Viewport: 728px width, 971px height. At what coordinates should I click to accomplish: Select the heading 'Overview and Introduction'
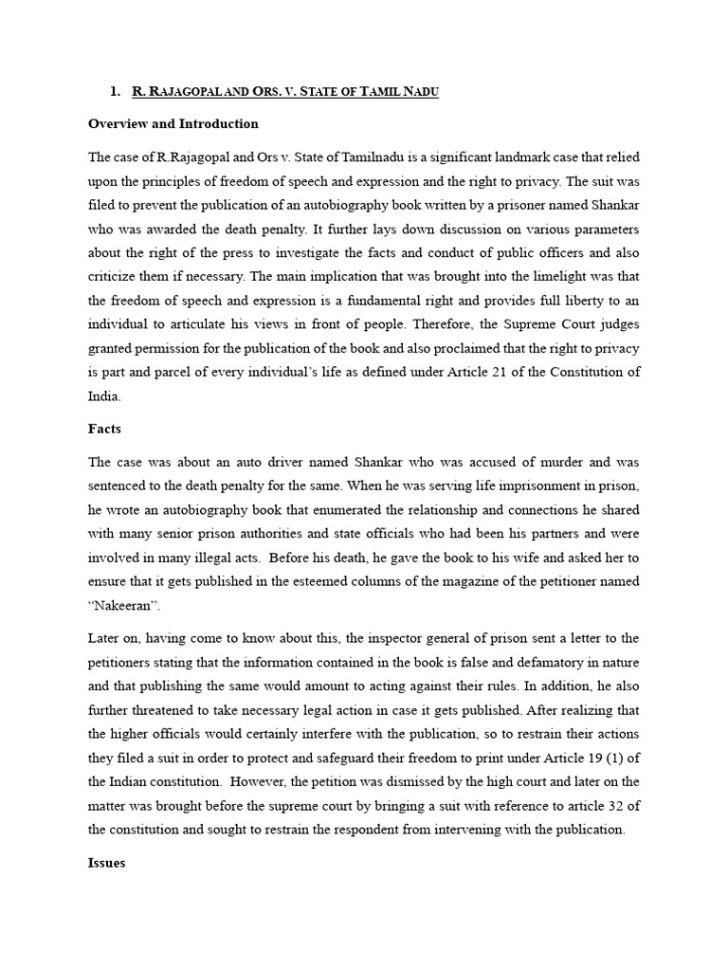point(173,123)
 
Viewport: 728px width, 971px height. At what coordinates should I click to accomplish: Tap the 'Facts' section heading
point(104,429)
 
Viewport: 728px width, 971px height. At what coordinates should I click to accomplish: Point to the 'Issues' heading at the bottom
point(106,864)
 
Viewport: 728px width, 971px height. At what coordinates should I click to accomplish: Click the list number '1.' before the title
point(115,91)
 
